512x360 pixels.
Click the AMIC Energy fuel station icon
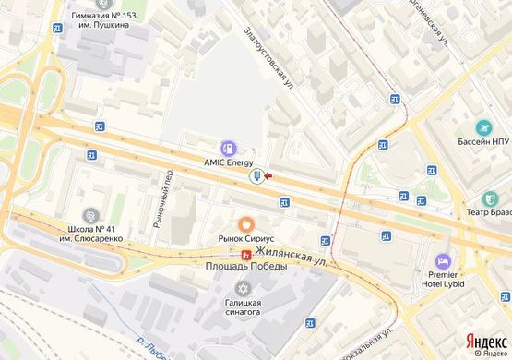point(227,147)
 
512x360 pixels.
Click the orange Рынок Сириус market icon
point(245,222)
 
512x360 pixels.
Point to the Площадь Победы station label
point(247,266)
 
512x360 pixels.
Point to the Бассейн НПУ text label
point(484,142)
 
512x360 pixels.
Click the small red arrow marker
point(268,174)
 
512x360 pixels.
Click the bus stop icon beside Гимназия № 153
point(58,27)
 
